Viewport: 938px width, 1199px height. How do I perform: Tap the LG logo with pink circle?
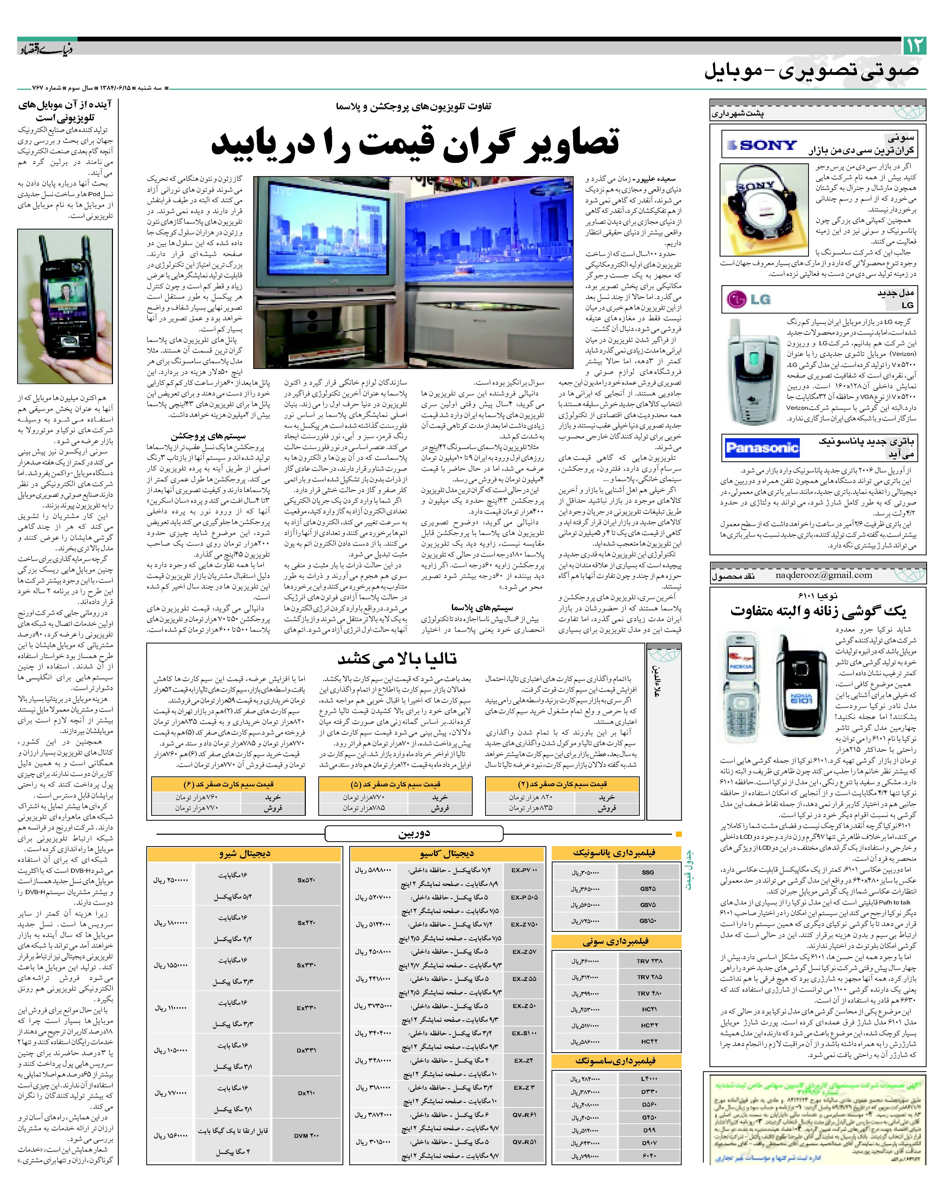coord(750,299)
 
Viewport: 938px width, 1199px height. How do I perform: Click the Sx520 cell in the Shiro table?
coord(306,880)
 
